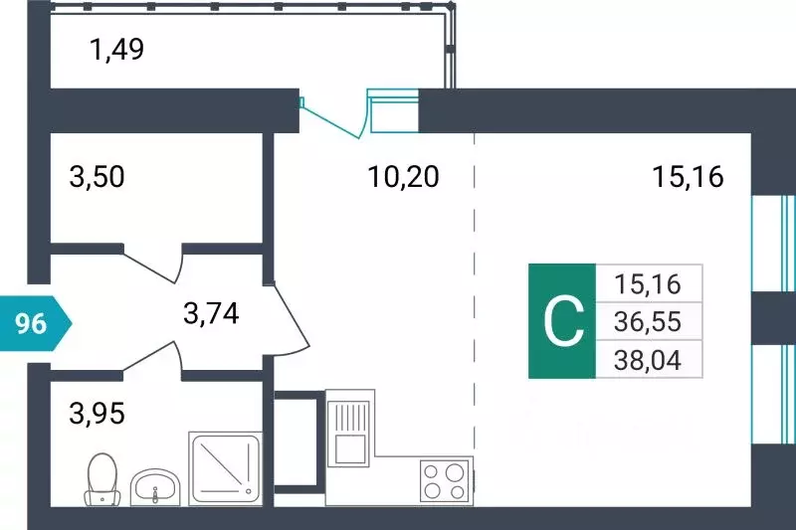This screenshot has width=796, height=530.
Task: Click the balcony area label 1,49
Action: coord(117,48)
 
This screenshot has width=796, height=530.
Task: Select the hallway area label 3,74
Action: coord(212,314)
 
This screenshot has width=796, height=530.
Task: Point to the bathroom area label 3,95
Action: coord(97,411)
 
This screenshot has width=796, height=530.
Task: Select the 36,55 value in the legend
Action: coord(648,321)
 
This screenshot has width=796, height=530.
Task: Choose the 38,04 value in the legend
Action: coord(648,358)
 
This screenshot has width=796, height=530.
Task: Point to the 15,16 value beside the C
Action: coord(648,284)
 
